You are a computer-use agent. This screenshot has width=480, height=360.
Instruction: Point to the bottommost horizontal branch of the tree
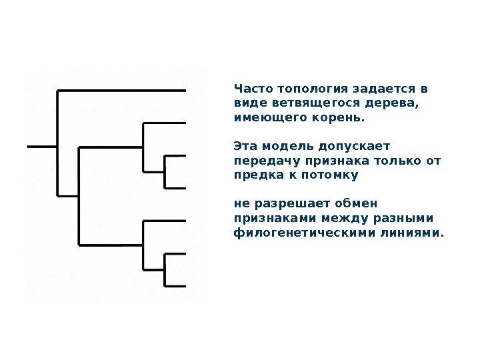[175, 287]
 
